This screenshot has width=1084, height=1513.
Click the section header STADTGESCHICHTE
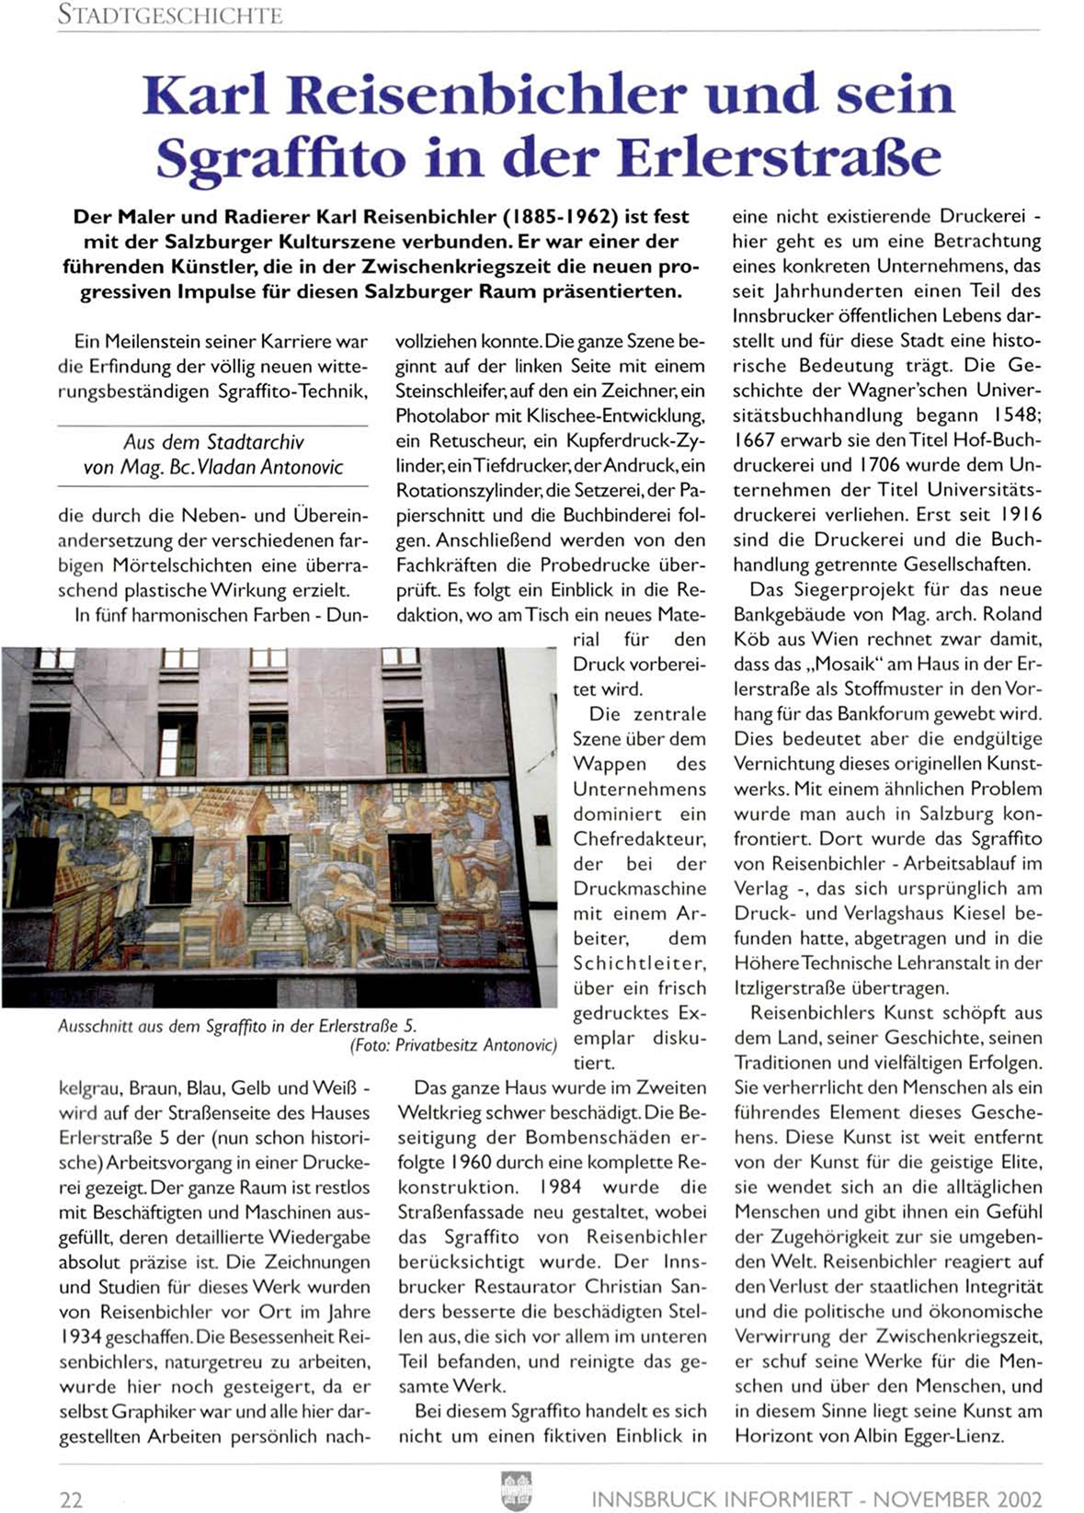(x=170, y=15)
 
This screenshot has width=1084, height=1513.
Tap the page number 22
(x=72, y=1499)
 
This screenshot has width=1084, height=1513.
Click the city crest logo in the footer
(x=516, y=1489)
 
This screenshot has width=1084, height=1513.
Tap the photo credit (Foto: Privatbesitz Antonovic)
(x=453, y=1044)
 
